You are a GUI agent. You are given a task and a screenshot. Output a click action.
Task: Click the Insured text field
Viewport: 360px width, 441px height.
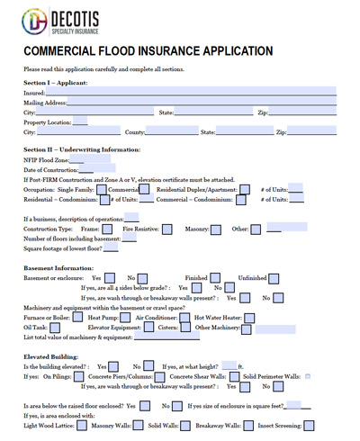[189, 92]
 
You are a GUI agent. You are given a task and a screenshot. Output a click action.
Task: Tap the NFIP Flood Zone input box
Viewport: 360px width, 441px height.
[95, 159]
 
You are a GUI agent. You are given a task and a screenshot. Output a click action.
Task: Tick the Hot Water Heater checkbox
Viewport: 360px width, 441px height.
[249, 318]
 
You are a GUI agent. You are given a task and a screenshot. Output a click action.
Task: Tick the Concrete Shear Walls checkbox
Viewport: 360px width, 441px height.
[234, 376]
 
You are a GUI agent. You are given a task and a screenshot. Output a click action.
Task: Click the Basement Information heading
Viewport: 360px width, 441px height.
[59, 268]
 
